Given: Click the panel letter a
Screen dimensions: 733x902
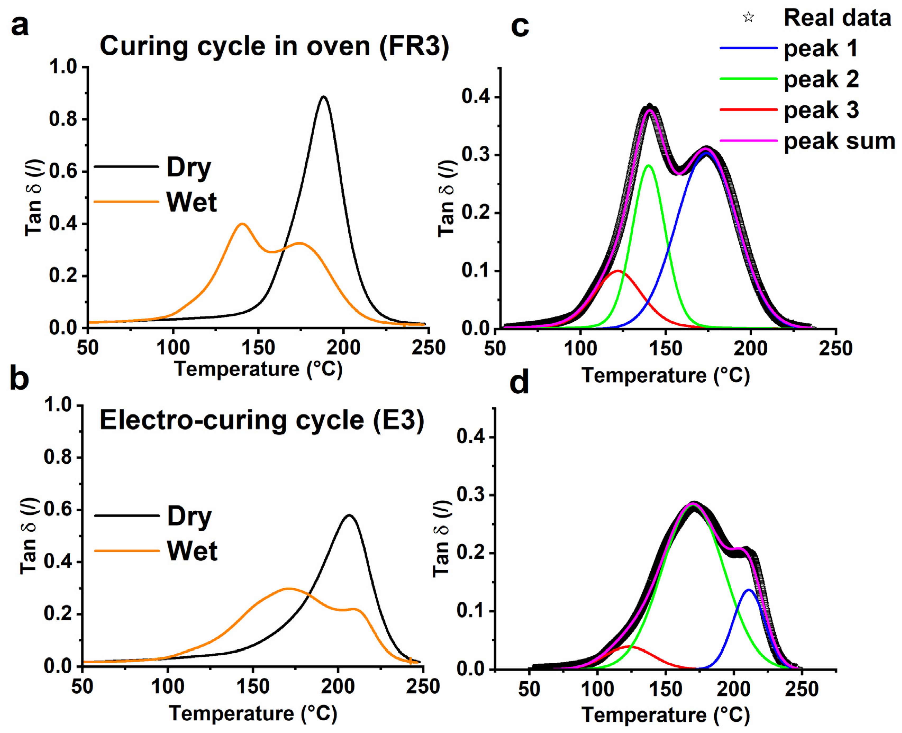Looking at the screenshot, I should (x=20, y=26).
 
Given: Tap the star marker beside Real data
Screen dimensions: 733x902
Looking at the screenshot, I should (x=748, y=17).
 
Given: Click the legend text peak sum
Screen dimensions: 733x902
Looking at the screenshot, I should (x=839, y=141).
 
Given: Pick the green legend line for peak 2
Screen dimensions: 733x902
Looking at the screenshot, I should (x=748, y=79).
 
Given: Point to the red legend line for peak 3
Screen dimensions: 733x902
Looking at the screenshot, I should (x=748, y=110).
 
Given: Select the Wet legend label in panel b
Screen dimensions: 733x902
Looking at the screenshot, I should (x=192, y=551).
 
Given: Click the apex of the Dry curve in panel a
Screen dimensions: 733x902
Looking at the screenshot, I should (x=324, y=97).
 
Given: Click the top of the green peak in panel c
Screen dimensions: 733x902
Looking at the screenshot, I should (x=649, y=165).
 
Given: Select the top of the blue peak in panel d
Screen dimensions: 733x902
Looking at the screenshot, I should (x=748, y=589).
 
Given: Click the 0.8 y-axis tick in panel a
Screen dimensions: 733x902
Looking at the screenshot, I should (x=63, y=119).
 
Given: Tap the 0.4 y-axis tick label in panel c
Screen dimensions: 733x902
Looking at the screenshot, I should (x=476, y=97).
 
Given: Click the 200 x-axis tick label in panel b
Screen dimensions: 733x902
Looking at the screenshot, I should (x=337, y=686).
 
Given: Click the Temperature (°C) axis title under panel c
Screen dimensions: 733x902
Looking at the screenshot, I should (x=665, y=375).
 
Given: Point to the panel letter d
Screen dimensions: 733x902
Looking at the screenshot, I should (x=519, y=383).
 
